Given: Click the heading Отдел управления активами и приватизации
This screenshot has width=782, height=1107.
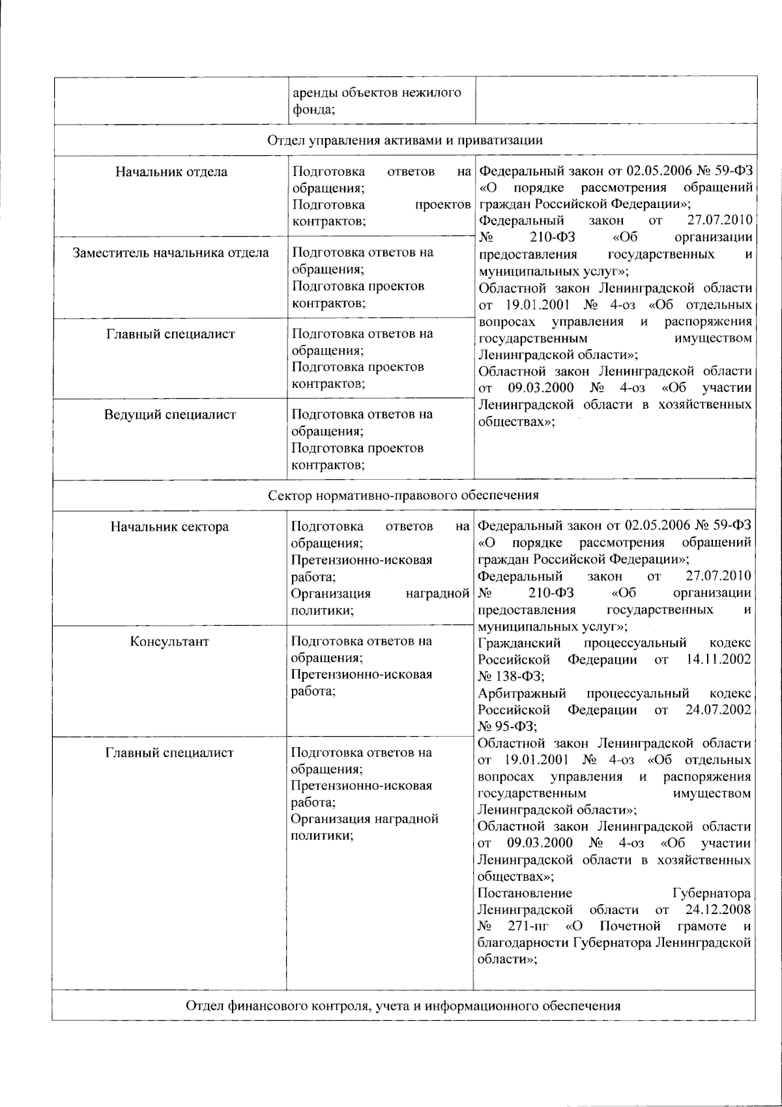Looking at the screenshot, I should (404, 140).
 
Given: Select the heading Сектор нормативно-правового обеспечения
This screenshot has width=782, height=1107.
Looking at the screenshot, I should (404, 495).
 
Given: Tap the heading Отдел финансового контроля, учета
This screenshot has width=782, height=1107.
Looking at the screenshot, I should (404, 1005).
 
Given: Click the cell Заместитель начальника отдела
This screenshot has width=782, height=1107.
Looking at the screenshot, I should (171, 253).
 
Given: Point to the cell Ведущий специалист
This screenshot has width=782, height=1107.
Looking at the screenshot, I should (171, 415).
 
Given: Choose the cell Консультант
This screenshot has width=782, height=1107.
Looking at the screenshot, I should (170, 642).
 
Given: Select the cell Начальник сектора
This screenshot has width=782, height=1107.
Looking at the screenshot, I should (170, 527).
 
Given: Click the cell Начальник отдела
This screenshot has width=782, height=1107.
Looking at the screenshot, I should (171, 172).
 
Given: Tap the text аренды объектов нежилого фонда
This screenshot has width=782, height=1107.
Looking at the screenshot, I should (377, 100).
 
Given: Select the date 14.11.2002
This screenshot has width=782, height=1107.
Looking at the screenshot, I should (717, 659).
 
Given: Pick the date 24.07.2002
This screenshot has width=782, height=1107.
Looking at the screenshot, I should (717, 709).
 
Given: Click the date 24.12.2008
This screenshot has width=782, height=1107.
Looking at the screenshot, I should (717, 909).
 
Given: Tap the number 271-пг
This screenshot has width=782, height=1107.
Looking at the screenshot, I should (528, 926).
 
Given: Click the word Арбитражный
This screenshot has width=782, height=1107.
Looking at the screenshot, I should (521, 692).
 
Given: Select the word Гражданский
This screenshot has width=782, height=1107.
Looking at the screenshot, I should (519, 642).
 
